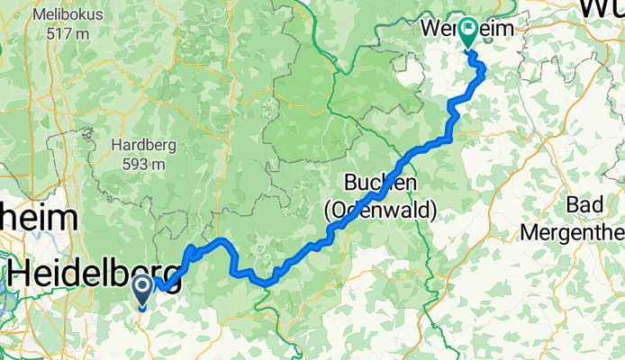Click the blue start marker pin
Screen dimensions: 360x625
tap(142, 290)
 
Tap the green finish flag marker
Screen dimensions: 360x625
tap(468, 33)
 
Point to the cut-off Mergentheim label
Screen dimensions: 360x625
tap(574, 232)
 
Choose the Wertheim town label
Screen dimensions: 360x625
tap(468, 29)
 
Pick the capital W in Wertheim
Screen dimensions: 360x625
tap(431, 29)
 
